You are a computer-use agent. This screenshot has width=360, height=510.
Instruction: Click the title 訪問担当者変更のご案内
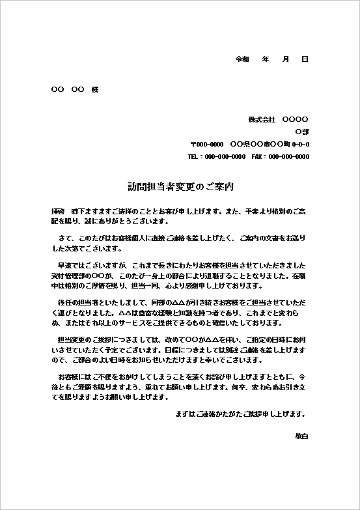coord(180,186)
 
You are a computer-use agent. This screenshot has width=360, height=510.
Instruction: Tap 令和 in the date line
coord(242,59)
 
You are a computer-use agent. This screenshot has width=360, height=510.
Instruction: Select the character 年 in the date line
coord(266,59)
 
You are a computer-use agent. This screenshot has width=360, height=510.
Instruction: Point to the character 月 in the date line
coord(285,59)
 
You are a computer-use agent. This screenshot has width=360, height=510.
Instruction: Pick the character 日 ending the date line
coord(305,59)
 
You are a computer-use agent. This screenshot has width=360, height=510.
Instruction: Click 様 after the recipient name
coord(95,89)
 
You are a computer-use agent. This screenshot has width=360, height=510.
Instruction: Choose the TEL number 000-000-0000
coord(225,157)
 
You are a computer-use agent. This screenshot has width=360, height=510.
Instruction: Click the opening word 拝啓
coord(58,212)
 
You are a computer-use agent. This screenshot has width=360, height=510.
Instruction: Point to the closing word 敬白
coord(301,434)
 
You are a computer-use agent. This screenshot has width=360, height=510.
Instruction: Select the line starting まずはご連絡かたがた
coord(241,414)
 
